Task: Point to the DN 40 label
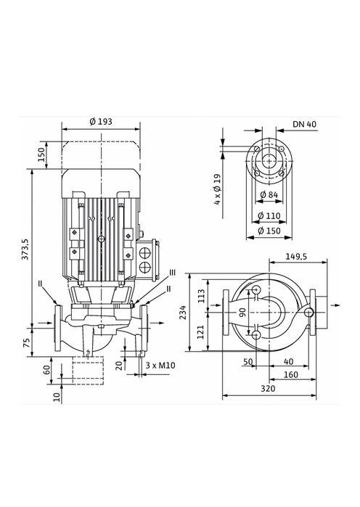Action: point(306,125)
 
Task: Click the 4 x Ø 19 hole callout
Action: point(217,189)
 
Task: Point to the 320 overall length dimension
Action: point(268,389)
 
